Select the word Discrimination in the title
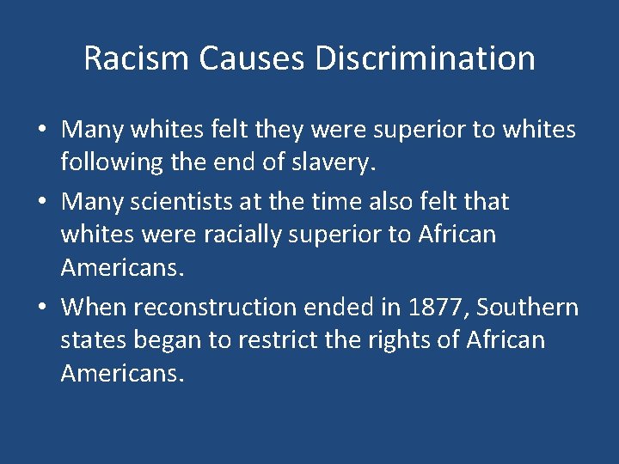[426, 59]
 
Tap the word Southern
[528, 307]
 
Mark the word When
[95, 307]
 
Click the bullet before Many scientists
[42, 203]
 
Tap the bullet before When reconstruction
[42, 308]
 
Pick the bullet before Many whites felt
[42, 130]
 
